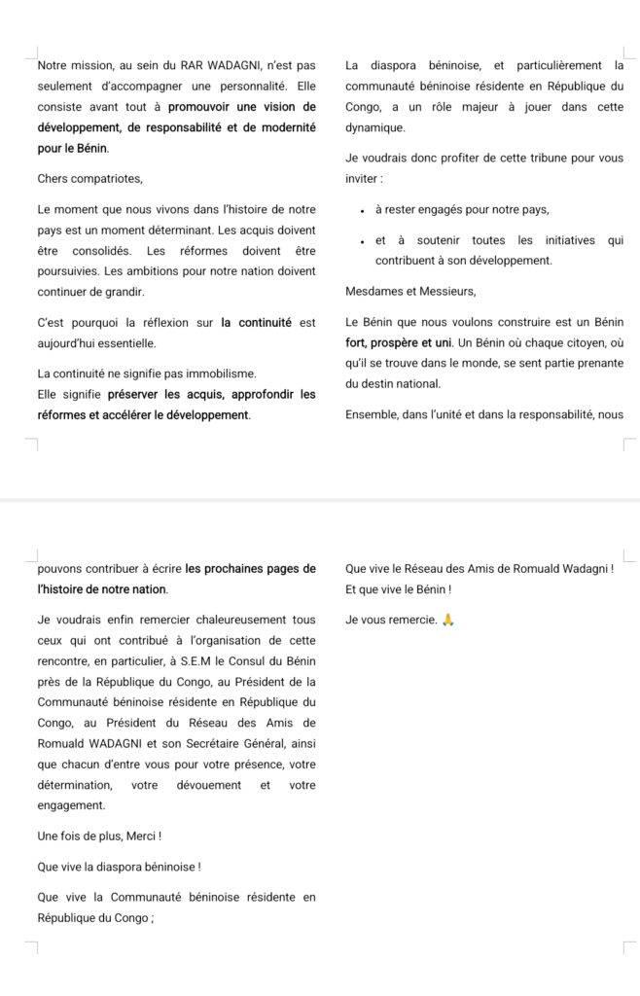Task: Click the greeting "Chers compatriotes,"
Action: click(89, 178)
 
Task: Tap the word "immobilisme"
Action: click(220, 373)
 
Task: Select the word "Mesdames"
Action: click(377, 291)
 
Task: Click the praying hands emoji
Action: click(447, 620)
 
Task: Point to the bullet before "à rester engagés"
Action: click(362, 210)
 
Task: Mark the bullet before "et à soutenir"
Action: click(362, 241)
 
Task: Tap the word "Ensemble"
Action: click(373, 414)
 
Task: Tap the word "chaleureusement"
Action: click(212, 619)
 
